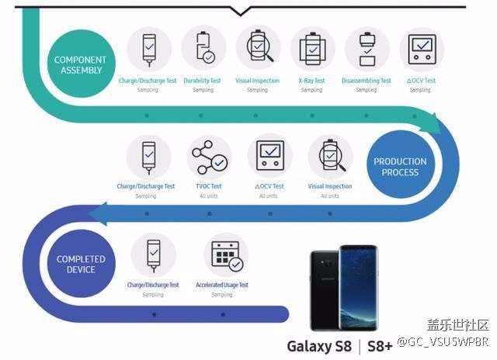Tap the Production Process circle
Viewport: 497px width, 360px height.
pos(400,167)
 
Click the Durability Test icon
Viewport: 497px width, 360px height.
pos(203,48)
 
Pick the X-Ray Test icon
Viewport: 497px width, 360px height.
pos(312,48)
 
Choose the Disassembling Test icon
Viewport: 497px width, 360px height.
pos(367,48)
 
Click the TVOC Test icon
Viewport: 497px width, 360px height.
pos(209,158)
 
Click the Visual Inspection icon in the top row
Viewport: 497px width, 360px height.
pos(258,48)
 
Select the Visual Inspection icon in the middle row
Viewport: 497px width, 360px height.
pos(330,158)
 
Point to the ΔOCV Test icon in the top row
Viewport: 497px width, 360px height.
pos(421,48)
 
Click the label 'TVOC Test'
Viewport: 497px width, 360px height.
pos(207,186)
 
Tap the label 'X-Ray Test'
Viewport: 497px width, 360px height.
pos(311,81)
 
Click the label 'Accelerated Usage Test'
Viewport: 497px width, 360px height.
pos(222,285)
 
